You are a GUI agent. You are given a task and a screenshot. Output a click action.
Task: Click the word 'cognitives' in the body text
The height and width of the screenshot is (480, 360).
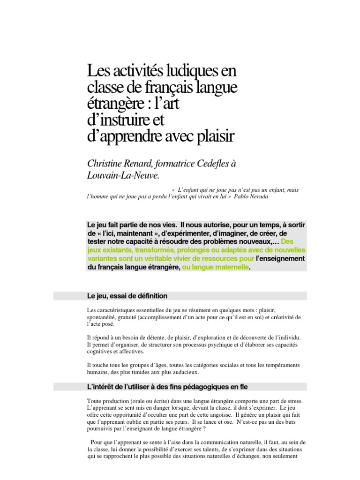(101, 351)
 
